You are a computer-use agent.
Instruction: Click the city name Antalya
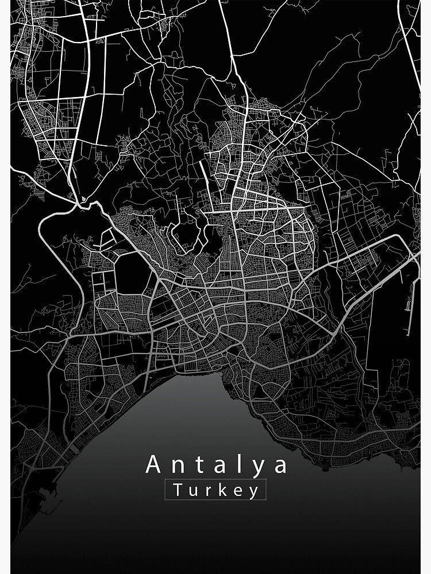pyautogui.click(x=217, y=464)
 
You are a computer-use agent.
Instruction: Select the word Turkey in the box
pyautogui.click(x=215, y=491)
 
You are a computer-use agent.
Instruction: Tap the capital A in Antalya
pyautogui.click(x=153, y=464)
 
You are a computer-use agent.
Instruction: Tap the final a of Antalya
pyautogui.click(x=280, y=466)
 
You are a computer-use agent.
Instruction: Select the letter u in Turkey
pyautogui.click(x=192, y=491)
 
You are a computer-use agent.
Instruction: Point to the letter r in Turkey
pyautogui.click(x=207, y=491)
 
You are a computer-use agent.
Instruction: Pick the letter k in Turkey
pyautogui.click(x=221, y=490)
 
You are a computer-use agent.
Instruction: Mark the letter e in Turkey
pyautogui.click(x=237, y=491)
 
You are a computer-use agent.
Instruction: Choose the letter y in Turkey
pyautogui.click(x=253, y=492)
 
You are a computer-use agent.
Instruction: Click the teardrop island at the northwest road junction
pyautogui.click(x=84, y=199)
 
